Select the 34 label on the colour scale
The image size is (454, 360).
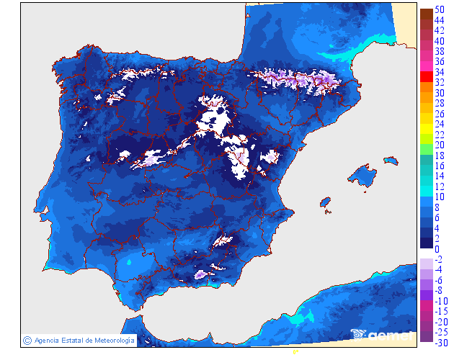point(439,73)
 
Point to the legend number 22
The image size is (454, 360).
point(439,135)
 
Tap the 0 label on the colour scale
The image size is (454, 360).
point(437,249)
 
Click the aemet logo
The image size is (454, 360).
point(383,335)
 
